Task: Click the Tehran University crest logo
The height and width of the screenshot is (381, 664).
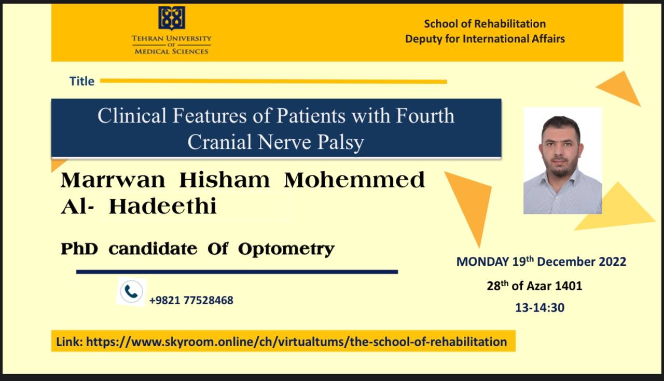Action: click(x=172, y=18)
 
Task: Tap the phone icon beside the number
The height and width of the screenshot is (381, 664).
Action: click(x=131, y=291)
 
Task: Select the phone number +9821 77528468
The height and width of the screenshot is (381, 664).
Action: click(x=191, y=301)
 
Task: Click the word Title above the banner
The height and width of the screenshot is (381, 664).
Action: click(x=82, y=81)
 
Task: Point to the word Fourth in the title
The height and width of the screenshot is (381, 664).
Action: click(x=425, y=115)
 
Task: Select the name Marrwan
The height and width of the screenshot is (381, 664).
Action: click(x=113, y=180)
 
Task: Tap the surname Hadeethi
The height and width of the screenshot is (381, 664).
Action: click(x=163, y=206)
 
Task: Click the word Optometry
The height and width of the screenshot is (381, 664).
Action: click(x=286, y=249)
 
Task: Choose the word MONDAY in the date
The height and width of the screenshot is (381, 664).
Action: click(x=482, y=262)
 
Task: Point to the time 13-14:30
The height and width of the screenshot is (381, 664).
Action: click(x=540, y=308)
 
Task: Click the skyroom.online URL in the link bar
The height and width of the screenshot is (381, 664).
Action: click(x=296, y=342)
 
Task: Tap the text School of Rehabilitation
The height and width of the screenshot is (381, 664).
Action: click(x=485, y=24)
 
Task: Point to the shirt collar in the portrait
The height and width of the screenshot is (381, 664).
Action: click(x=560, y=180)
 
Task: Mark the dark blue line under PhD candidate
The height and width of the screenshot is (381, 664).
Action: click(x=237, y=272)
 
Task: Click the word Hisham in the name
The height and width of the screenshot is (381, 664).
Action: click(x=225, y=180)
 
